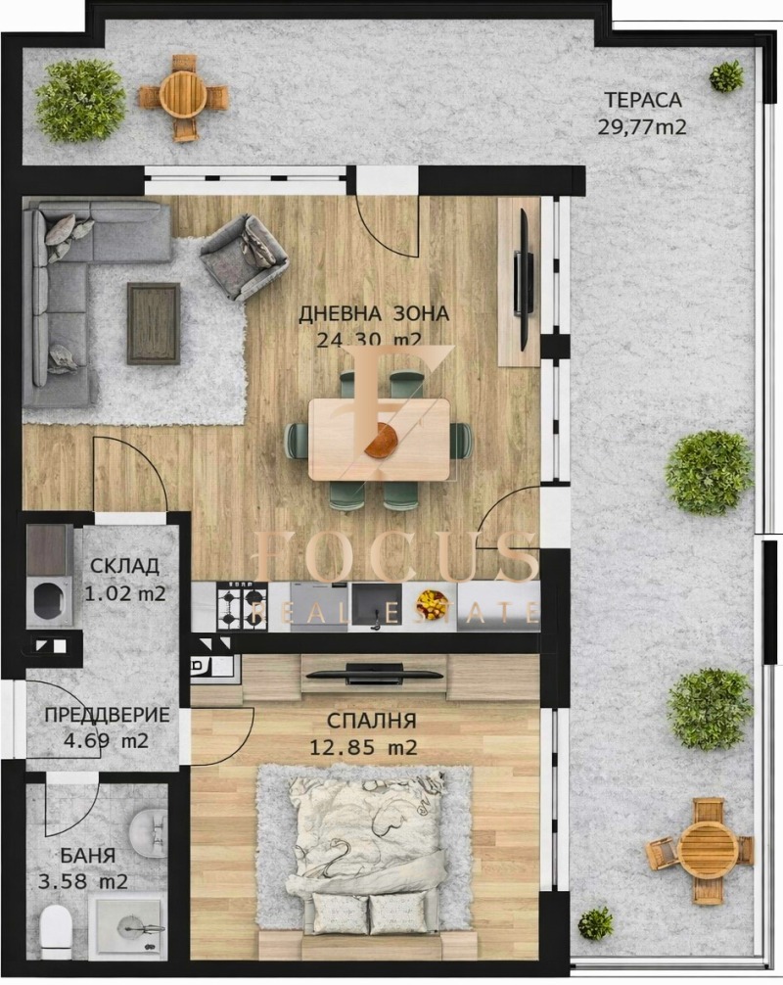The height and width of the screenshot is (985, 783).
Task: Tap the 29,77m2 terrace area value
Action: pos(641,125)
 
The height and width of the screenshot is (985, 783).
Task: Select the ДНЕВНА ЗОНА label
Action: pos(373,314)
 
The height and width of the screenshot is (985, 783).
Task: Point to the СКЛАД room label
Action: pos(124,568)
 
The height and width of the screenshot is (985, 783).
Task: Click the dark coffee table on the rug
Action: pos(154,323)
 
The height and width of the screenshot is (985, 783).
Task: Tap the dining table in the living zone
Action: pos(379,439)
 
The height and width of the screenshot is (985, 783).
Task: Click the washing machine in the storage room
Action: pos(48,598)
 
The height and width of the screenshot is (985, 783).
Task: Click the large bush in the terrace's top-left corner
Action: pos(80,101)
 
